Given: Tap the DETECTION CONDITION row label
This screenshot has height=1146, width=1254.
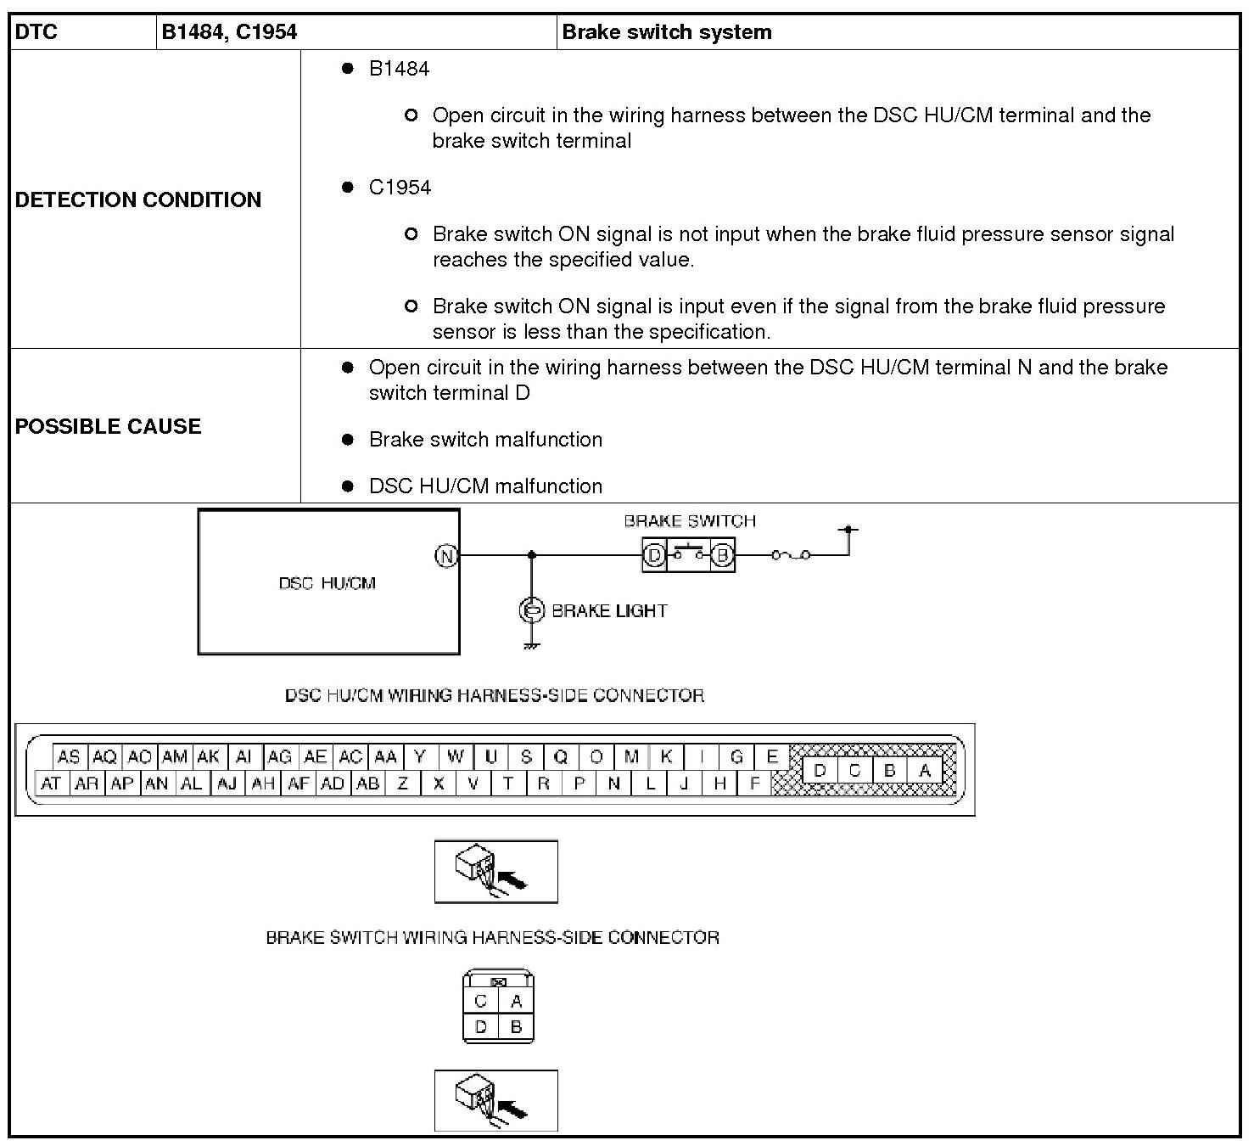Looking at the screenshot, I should (x=138, y=199).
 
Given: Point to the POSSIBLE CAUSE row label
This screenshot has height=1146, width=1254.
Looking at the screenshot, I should (x=109, y=426).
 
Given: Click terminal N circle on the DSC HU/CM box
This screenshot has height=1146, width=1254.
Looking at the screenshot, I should (x=446, y=556).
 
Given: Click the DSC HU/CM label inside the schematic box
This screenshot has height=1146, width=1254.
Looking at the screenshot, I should (x=327, y=583).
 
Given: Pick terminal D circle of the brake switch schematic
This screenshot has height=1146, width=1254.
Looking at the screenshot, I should (x=654, y=555).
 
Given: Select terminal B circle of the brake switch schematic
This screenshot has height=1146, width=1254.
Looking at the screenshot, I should (x=722, y=555).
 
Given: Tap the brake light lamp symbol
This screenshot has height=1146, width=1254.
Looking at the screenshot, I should (x=531, y=610).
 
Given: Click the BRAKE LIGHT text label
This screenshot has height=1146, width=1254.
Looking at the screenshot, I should (x=609, y=610).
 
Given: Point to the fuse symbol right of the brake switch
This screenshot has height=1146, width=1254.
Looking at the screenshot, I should (x=791, y=555).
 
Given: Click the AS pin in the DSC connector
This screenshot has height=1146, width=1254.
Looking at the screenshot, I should (x=69, y=756).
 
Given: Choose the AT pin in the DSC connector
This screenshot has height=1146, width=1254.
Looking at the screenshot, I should (x=51, y=783).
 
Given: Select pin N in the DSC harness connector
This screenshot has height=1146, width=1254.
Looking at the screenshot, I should (x=614, y=783).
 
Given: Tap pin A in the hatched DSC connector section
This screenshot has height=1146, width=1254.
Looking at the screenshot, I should (x=925, y=770).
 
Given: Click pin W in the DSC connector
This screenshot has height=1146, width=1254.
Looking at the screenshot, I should (x=456, y=756).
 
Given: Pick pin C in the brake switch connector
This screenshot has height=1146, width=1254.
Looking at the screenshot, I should (x=481, y=1001).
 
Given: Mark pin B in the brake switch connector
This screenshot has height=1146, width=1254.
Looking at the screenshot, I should (x=516, y=1027).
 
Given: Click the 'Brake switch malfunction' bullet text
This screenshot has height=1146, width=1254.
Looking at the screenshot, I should (x=485, y=439).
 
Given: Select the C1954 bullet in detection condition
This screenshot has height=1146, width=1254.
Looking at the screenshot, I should (x=400, y=187).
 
